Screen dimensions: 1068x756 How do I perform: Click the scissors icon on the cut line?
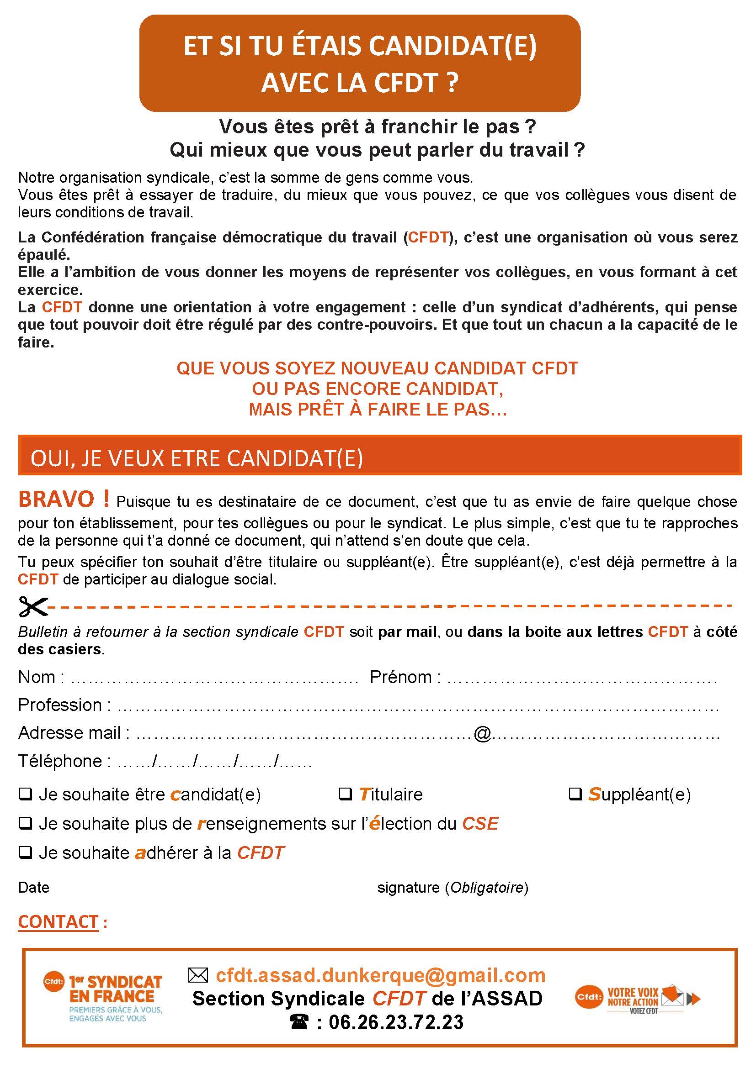click(33, 606)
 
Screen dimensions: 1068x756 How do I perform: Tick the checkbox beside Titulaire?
click(345, 794)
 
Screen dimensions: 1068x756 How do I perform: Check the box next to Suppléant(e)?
click(575, 794)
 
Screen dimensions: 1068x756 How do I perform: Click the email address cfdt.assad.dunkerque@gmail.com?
click(380, 975)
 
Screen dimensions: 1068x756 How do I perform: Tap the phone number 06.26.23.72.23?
click(396, 1022)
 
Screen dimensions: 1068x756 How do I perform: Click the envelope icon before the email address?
click(198, 975)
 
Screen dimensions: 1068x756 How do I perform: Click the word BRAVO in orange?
click(56, 500)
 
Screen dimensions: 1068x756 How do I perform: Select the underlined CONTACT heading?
click(58, 921)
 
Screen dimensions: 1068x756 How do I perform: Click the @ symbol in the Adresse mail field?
click(482, 734)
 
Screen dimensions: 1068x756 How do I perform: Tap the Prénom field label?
click(401, 677)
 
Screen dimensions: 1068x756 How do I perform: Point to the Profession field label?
click(59, 705)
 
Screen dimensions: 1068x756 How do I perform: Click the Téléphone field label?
click(59, 761)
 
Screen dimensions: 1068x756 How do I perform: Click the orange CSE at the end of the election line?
click(480, 823)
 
